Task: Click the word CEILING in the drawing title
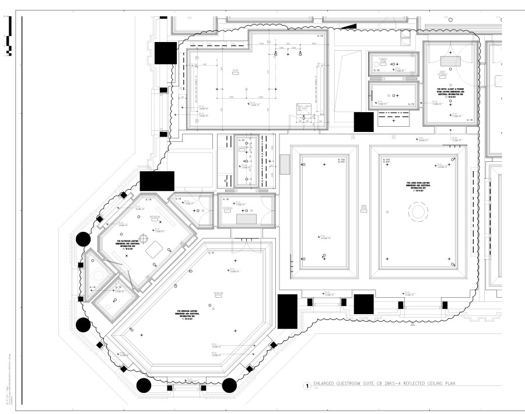(x=430, y=384)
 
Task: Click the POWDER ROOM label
(x=384, y=60)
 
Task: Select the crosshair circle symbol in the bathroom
(x=155, y=230)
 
